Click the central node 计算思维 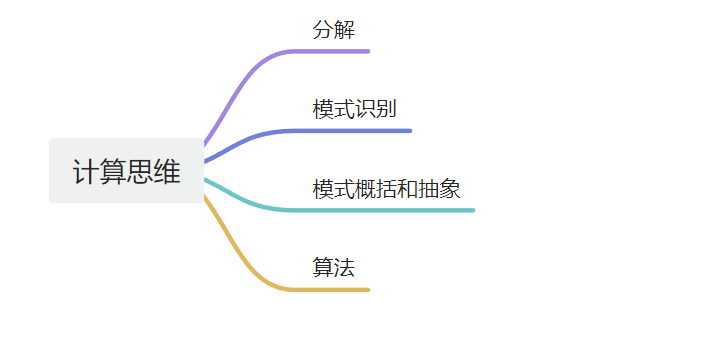126,171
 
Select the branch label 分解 334,30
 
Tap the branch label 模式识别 355,109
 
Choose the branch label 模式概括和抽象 386,189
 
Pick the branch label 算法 334,267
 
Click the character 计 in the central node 86,171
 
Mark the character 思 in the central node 140,171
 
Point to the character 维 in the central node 167,171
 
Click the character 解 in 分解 344,30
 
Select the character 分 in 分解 323,30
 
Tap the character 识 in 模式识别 365,109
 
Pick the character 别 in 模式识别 386,109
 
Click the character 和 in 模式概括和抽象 407,189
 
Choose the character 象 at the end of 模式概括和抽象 450,189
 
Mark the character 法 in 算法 344,267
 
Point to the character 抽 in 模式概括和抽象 429,189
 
